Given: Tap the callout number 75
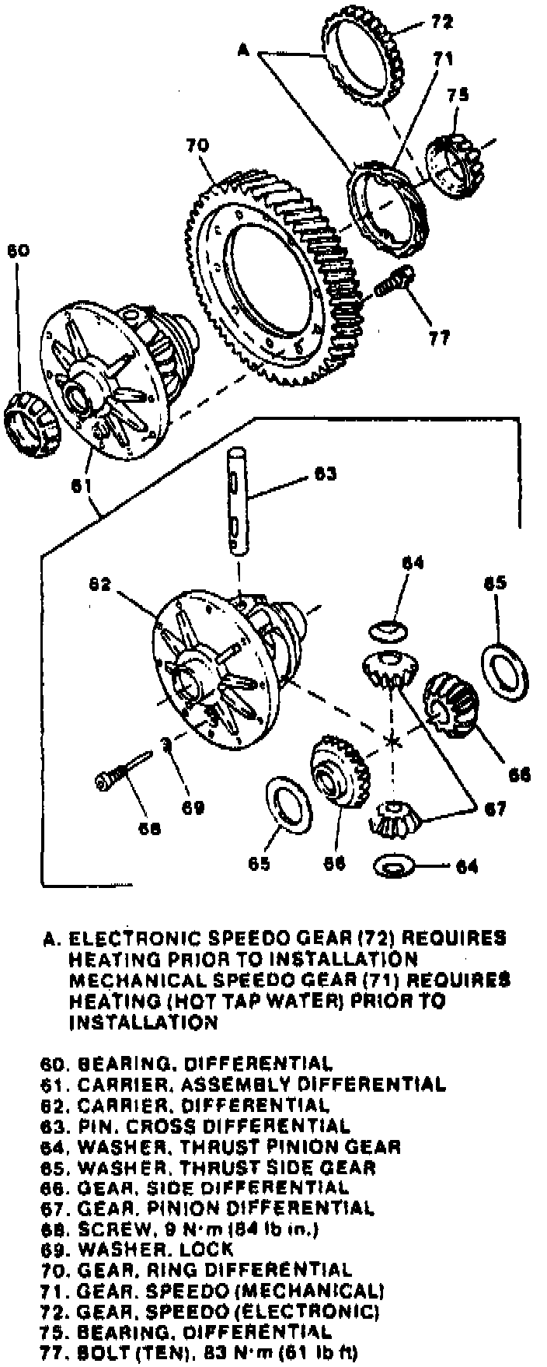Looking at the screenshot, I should (x=458, y=96).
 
